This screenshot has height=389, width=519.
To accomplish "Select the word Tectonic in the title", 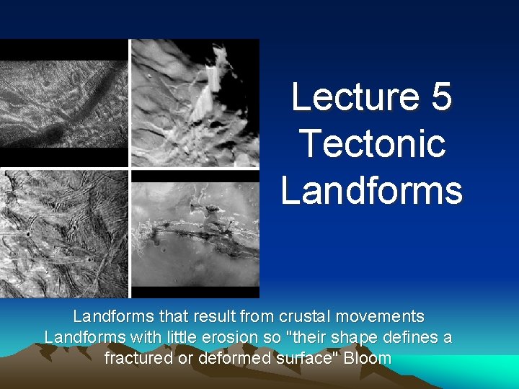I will coord(371,143).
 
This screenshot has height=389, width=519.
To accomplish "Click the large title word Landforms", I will coord(371,189).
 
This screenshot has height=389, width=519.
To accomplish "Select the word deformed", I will coord(229,358).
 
